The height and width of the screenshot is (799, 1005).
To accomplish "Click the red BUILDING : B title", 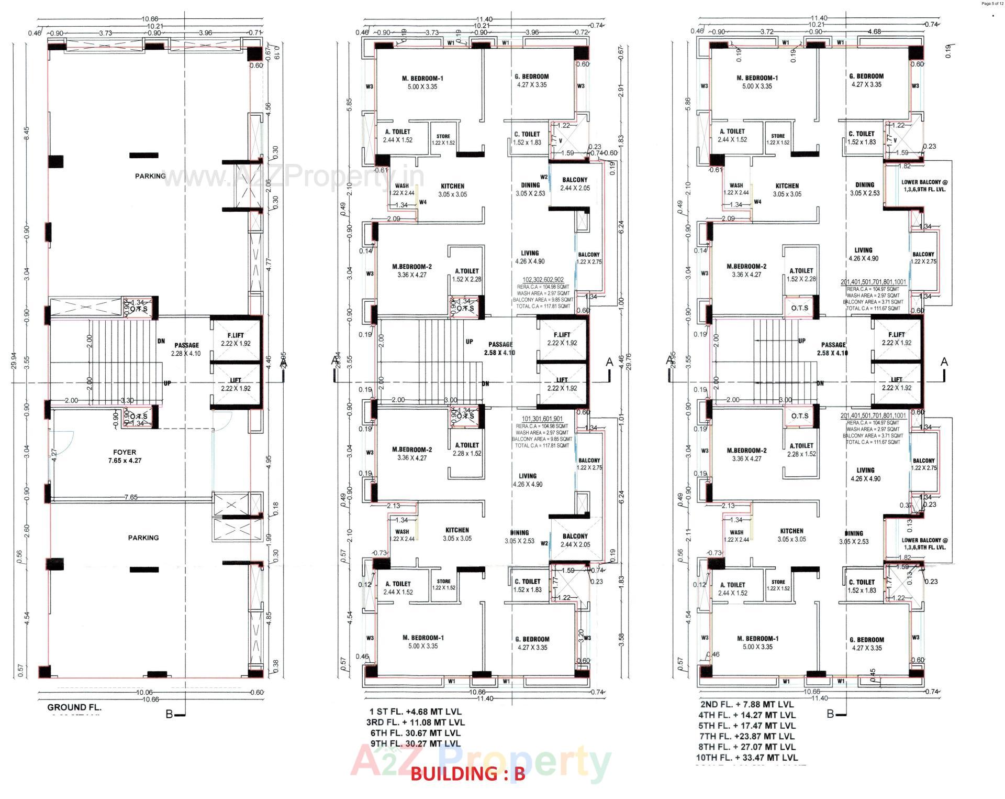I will [x=467, y=774].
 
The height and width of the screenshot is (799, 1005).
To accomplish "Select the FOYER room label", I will [x=125, y=452].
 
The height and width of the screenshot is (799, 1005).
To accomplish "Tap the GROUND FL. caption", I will [x=74, y=707].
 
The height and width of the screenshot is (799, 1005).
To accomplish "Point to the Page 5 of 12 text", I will [x=992, y=4].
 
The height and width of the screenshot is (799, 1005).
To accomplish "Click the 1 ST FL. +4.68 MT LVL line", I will [x=416, y=712].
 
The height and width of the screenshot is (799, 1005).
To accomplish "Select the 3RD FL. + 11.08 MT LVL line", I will [x=416, y=723].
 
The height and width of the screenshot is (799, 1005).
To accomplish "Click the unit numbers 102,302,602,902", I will [x=543, y=280].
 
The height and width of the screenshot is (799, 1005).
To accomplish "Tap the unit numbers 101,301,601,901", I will [x=542, y=419].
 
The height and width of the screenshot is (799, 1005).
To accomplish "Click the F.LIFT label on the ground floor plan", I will [x=236, y=335].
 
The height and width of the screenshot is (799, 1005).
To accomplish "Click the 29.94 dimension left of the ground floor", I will [x=14, y=361].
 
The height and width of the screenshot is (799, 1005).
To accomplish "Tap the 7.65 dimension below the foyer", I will [x=131, y=497].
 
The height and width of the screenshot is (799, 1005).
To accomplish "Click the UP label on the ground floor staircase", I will [x=167, y=384].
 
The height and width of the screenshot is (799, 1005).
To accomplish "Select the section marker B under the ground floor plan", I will [x=169, y=714].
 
